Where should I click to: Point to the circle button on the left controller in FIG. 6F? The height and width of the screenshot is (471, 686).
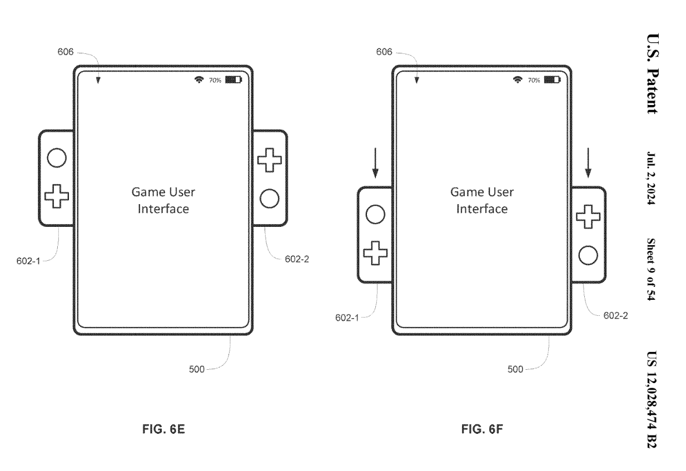point(375,215)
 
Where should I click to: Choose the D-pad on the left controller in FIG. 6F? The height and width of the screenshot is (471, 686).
point(375,253)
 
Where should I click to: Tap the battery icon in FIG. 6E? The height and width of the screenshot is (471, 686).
point(234,80)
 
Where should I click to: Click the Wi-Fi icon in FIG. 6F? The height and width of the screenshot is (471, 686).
point(517,80)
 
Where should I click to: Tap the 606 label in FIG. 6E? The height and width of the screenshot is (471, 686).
point(66,52)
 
